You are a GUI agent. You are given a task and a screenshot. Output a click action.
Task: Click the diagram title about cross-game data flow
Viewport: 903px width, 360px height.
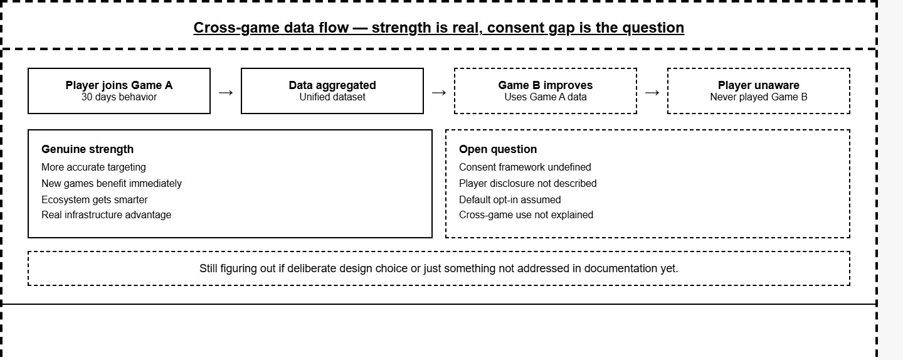(x=438, y=28)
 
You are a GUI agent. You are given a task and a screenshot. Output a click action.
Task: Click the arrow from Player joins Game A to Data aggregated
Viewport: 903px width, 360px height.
(x=226, y=93)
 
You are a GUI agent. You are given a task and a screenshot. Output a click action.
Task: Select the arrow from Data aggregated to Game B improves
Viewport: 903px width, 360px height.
(x=439, y=93)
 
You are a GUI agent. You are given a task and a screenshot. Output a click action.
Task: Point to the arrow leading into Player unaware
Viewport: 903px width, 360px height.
(x=652, y=93)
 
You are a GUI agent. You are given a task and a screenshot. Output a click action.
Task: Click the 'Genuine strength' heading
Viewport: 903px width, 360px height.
(x=88, y=149)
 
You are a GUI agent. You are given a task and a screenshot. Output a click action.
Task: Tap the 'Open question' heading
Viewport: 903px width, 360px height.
(x=498, y=149)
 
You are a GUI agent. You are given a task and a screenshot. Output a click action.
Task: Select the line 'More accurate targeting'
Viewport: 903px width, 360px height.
(x=93, y=167)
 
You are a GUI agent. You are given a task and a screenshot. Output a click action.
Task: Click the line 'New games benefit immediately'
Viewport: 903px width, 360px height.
(x=111, y=183)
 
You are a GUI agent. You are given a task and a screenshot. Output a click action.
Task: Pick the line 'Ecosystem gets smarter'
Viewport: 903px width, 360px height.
(x=94, y=199)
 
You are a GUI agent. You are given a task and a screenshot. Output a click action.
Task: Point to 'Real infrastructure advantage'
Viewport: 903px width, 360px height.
(x=106, y=215)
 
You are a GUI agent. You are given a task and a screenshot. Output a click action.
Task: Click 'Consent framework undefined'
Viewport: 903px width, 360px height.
(x=525, y=167)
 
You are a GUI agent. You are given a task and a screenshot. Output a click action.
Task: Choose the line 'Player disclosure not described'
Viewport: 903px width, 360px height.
(x=528, y=183)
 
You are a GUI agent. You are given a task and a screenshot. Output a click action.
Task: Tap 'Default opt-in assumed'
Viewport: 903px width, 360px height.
(x=510, y=199)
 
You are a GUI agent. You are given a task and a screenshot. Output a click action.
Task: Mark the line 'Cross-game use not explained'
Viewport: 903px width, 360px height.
(x=526, y=215)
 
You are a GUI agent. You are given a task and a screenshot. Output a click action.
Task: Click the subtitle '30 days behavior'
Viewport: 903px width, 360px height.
(x=119, y=97)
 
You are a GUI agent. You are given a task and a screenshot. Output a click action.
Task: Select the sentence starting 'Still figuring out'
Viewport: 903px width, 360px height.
(x=438, y=268)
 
